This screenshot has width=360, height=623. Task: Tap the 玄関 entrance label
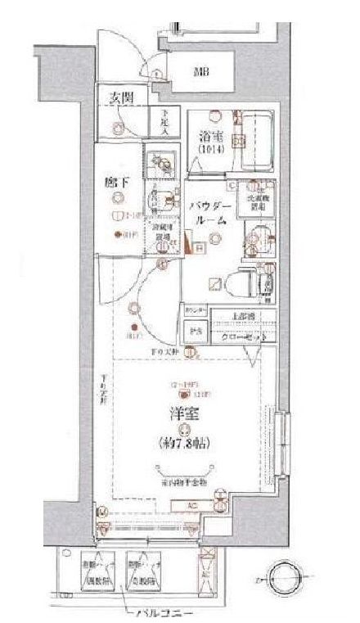(121, 97)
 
